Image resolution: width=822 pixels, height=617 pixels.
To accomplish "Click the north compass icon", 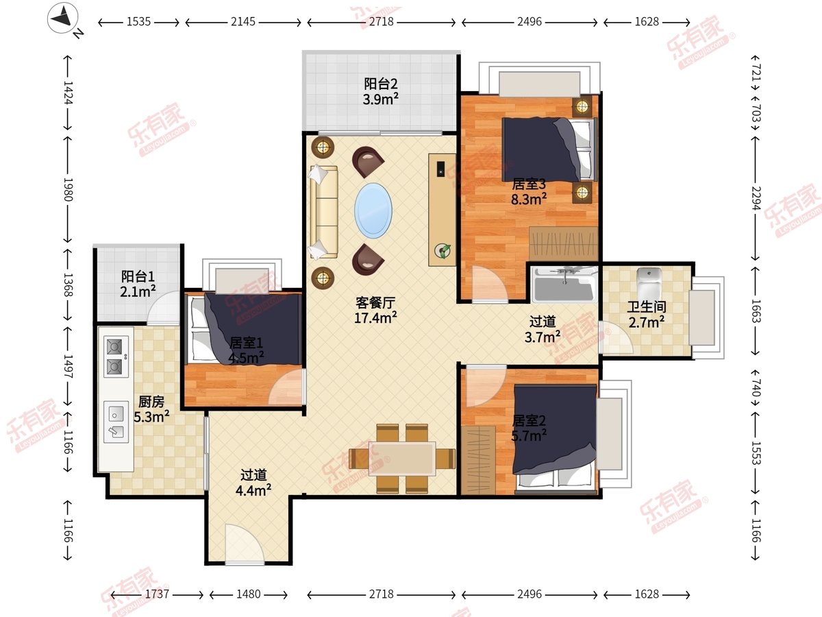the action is click(x=63, y=18).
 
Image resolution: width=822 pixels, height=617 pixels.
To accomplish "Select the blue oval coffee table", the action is click(x=373, y=210).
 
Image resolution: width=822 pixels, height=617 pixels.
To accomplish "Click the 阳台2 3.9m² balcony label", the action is click(x=380, y=91).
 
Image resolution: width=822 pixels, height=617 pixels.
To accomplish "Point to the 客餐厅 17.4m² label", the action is click(x=375, y=310).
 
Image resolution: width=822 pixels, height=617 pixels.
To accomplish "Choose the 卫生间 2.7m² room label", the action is click(x=647, y=314).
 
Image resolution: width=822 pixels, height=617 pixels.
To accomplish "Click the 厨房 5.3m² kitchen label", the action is click(x=151, y=409).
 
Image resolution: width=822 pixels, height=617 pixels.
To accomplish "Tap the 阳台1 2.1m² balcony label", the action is click(x=138, y=284).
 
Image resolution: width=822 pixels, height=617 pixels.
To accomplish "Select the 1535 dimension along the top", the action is click(x=138, y=22).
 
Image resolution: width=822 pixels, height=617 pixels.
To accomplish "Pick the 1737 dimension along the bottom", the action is click(x=157, y=594).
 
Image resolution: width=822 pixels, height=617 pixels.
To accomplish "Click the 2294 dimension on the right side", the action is click(x=756, y=198).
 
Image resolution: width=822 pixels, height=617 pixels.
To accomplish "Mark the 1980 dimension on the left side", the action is click(x=68, y=189).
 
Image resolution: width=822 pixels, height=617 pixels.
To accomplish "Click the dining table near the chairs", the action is click(x=402, y=459).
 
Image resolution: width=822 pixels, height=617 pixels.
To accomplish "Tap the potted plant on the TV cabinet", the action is click(x=443, y=251).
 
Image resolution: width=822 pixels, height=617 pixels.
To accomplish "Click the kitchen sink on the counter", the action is click(x=116, y=422).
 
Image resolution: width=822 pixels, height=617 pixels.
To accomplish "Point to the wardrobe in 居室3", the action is click(x=563, y=243).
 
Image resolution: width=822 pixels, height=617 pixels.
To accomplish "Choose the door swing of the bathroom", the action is click(x=616, y=337).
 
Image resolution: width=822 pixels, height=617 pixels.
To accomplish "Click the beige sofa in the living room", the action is click(x=324, y=212).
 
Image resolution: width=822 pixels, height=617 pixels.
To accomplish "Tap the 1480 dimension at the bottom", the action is click(x=248, y=594).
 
